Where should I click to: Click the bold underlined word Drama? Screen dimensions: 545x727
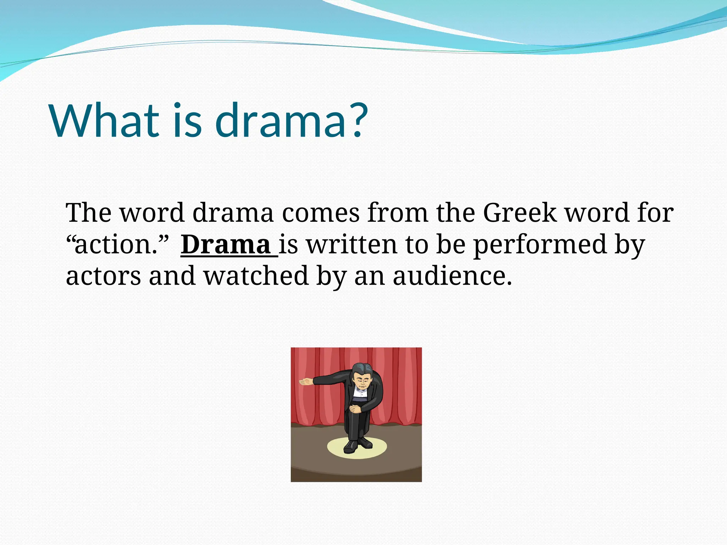[x=226, y=245]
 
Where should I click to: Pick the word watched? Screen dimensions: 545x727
[x=256, y=276]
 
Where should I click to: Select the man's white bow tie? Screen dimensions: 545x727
[x=361, y=393]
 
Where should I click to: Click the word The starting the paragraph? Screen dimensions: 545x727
[x=88, y=213]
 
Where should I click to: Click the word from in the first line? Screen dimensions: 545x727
[x=398, y=213]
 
